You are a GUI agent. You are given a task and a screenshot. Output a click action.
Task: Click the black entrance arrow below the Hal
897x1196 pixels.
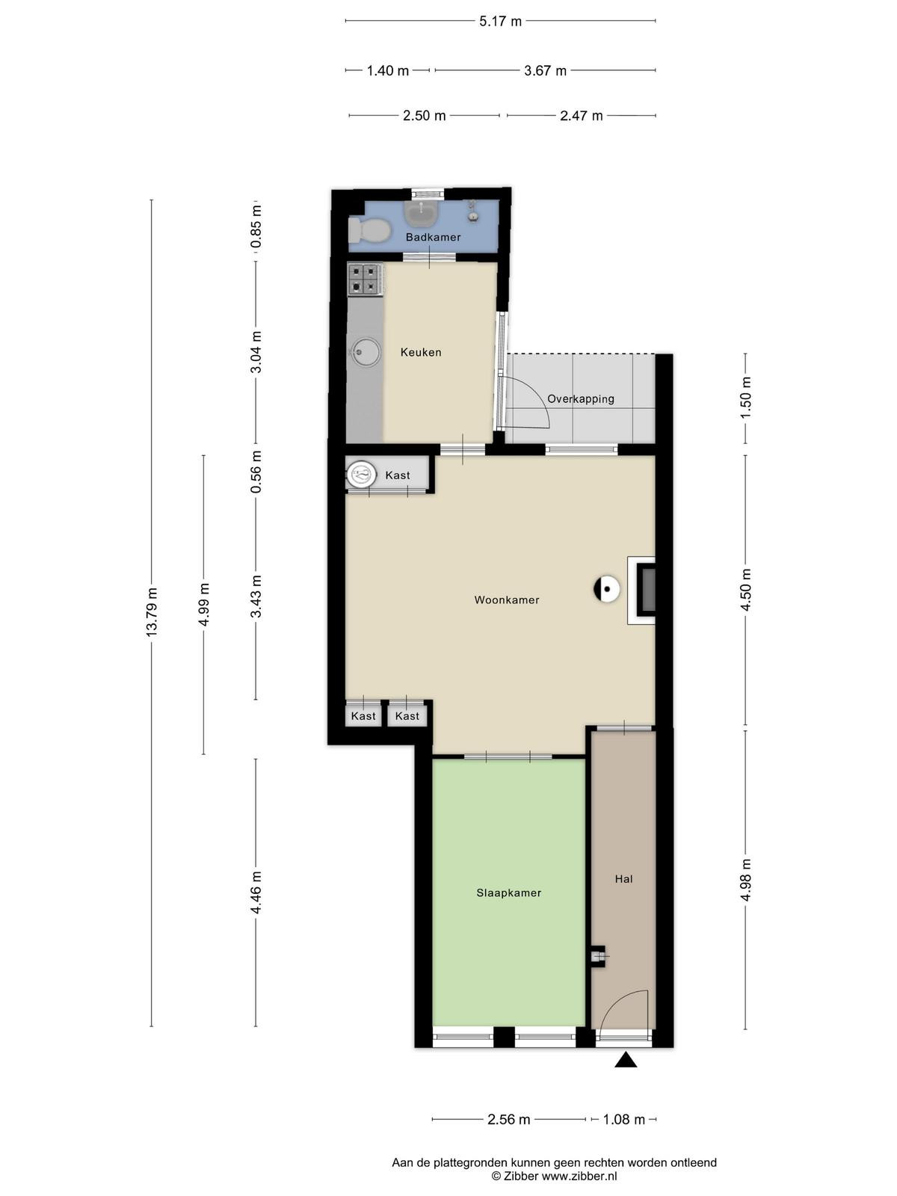(x=626, y=1059)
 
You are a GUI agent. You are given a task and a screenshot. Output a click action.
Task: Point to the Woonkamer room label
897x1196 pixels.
(x=507, y=600)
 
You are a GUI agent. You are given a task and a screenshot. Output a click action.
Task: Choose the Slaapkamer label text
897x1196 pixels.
(x=509, y=893)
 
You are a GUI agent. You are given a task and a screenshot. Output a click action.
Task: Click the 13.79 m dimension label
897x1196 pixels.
(x=152, y=612)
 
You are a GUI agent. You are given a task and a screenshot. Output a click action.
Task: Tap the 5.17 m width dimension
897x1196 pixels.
(x=500, y=21)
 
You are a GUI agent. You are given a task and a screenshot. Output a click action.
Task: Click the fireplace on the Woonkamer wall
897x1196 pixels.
(x=641, y=590)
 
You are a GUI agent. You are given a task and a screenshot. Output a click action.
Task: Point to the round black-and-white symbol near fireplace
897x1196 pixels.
(x=607, y=588)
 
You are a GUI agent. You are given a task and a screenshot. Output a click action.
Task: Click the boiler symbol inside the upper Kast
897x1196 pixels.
(x=362, y=475)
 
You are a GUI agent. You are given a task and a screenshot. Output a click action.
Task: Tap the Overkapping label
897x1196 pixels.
(x=581, y=399)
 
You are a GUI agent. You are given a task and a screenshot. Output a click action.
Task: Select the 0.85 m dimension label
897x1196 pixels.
(x=256, y=226)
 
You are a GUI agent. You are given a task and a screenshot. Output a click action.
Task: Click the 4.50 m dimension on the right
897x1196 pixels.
(x=745, y=590)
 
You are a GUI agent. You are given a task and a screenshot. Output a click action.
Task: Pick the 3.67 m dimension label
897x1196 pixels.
(x=545, y=71)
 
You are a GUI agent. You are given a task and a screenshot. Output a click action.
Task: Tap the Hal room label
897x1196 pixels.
(x=623, y=879)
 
